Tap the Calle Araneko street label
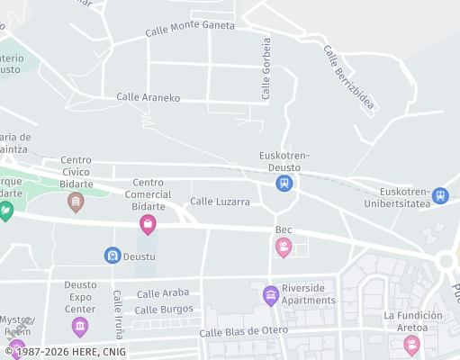149,97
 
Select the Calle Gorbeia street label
266,68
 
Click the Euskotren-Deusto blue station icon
284,183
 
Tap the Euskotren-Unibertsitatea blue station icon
439,195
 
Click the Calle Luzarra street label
220,202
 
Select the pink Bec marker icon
284,247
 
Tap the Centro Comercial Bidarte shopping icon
148,224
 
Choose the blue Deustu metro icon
113,256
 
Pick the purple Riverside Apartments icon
270,294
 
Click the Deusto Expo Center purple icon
80,326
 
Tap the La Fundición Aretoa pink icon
411,345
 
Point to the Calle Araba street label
164,293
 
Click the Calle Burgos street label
164,310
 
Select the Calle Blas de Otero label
244,330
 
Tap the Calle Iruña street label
117,310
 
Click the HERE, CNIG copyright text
72,352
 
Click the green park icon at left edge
5,211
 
